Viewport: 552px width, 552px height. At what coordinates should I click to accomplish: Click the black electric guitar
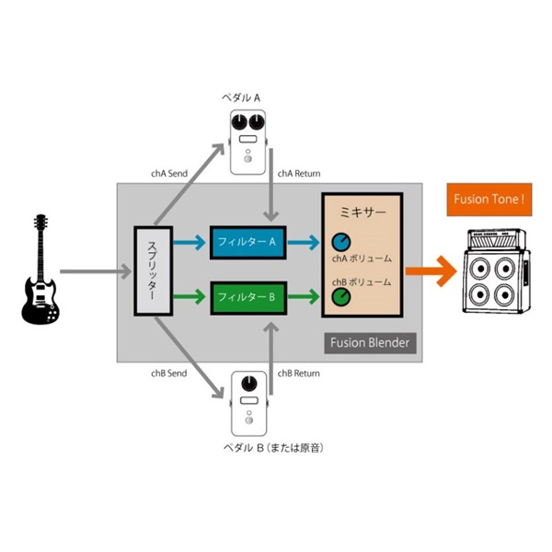click(x=40, y=278)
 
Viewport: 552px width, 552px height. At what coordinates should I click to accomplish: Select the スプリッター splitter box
click(x=153, y=270)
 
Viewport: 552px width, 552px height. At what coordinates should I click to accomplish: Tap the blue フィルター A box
click(x=247, y=243)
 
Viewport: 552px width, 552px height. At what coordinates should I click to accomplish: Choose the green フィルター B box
click(x=248, y=298)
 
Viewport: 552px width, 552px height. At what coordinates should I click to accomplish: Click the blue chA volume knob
click(x=341, y=242)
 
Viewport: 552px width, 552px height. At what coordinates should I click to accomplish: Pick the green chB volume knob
click(x=341, y=297)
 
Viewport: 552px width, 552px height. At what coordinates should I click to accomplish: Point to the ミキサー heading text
click(x=362, y=213)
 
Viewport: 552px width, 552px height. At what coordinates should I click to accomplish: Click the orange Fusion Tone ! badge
click(x=489, y=200)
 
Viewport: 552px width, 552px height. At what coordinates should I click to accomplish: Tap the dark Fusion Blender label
click(x=370, y=343)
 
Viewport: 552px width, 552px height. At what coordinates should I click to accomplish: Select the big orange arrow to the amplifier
click(x=431, y=271)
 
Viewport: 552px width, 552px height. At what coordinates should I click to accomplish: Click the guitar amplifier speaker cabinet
click(x=497, y=271)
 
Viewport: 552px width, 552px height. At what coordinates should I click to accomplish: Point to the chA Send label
click(x=169, y=174)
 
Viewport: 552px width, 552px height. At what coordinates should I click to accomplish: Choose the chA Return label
click(x=299, y=174)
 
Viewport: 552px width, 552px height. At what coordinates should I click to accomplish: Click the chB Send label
click(x=169, y=374)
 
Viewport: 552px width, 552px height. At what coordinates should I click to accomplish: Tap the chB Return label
click(x=298, y=374)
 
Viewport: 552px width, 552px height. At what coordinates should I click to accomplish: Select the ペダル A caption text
click(x=241, y=98)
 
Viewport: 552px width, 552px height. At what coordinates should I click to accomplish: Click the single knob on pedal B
click(x=249, y=384)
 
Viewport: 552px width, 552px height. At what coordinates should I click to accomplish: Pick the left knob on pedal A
click(x=239, y=121)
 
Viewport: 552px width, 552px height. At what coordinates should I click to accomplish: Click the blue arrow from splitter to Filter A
click(x=190, y=243)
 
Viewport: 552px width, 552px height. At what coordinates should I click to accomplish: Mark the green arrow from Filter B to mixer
click(x=304, y=296)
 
